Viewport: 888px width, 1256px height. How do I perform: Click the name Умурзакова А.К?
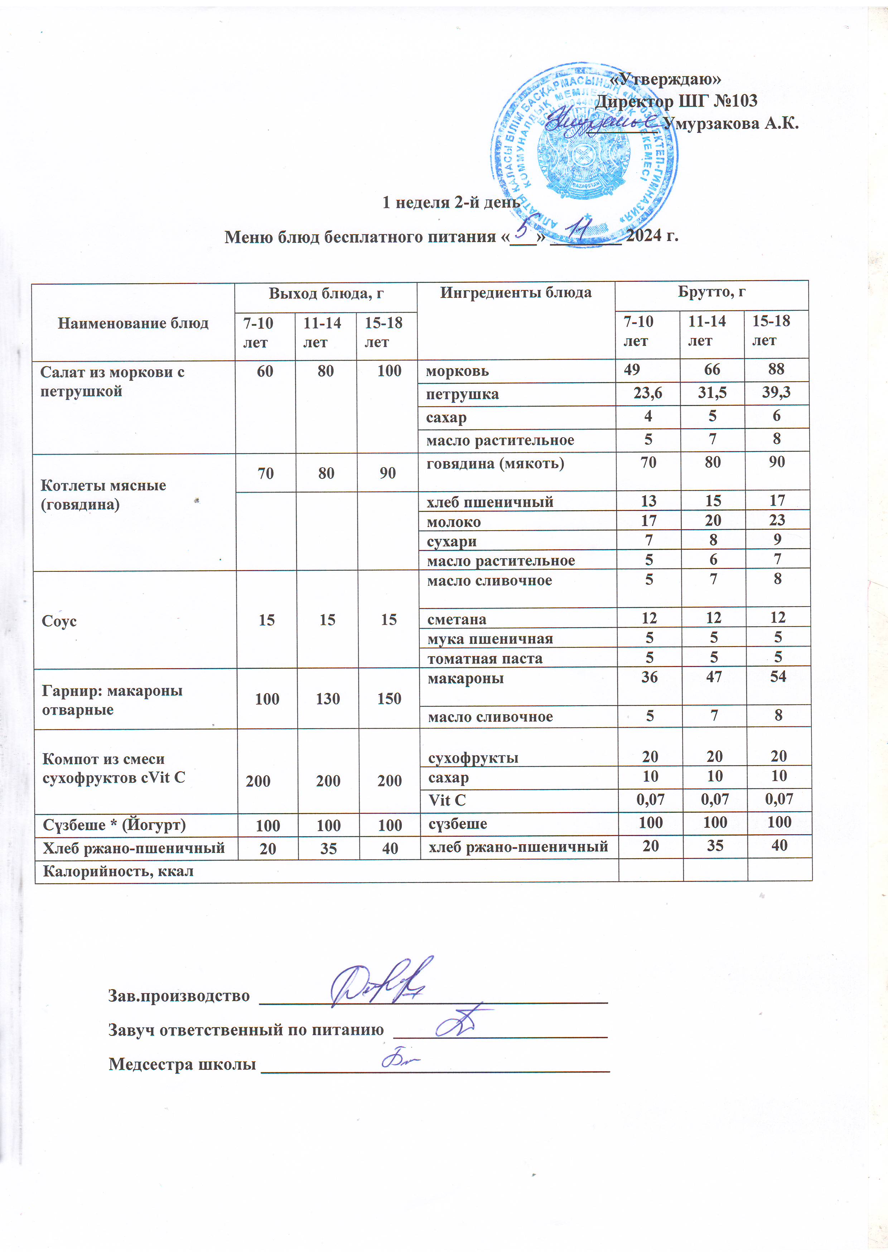point(730,124)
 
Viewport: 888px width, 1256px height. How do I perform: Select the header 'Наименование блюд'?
point(133,323)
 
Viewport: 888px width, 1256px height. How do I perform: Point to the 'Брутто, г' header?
point(711,291)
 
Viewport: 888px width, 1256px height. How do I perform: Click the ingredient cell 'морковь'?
point(457,371)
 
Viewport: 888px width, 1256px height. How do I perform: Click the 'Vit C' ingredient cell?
point(447,800)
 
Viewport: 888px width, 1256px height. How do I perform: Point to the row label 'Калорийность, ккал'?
point(118,871)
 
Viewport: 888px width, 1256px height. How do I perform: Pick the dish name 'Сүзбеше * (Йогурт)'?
point(114,825)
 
